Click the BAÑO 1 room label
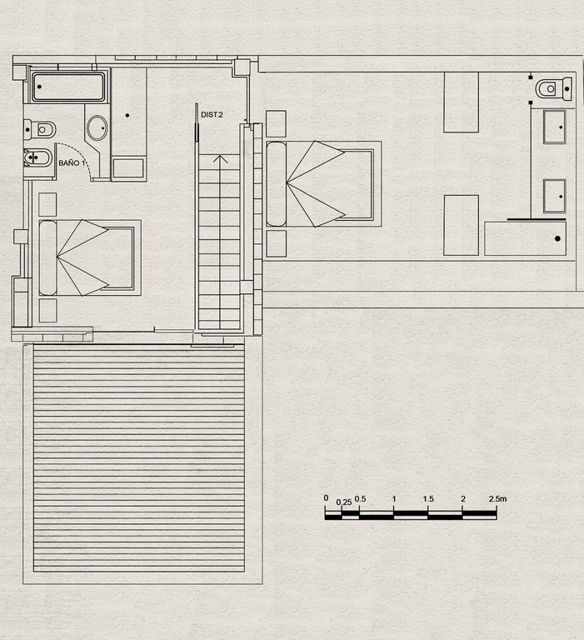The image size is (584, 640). (x=73, y=162)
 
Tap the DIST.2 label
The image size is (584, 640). (x=212, y=115)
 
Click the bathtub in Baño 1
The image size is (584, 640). (x=68, y=87)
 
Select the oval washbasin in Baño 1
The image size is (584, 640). (x=97, y=127)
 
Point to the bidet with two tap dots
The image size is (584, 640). (x=38, y=157)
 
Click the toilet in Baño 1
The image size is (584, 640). (x=40, y=129)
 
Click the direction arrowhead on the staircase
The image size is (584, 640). (x=221, y=159)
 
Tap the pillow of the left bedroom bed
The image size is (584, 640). (x=47, y=257)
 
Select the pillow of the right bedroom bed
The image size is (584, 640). (x=277, y=183)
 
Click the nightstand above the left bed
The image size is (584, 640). (x=47, y=204)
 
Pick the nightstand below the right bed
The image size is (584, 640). (x=276, y=243)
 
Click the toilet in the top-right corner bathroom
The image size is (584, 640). (x=554, y=88)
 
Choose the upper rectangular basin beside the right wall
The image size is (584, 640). (x=554, y=127)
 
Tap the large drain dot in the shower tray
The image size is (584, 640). (x=557, y=239)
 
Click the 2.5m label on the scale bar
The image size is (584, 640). (x=497, y=499)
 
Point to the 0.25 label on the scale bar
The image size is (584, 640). (x=344, y=502)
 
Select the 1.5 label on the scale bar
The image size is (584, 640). (x=428, y=499)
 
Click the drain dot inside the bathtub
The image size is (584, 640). (x=39, y=87)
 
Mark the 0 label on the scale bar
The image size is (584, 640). (x=326, y=498)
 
